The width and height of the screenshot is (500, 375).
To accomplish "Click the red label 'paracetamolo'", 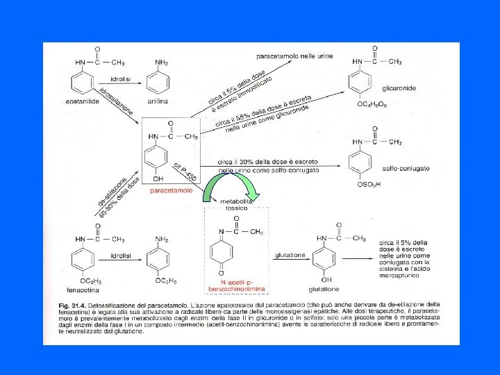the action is (x=170, y=190).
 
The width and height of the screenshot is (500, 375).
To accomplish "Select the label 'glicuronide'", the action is (x=399, y=89).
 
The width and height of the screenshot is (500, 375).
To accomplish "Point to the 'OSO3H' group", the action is (x=368, y=185).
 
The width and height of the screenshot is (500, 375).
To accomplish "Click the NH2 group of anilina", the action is (x=161, y=62).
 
